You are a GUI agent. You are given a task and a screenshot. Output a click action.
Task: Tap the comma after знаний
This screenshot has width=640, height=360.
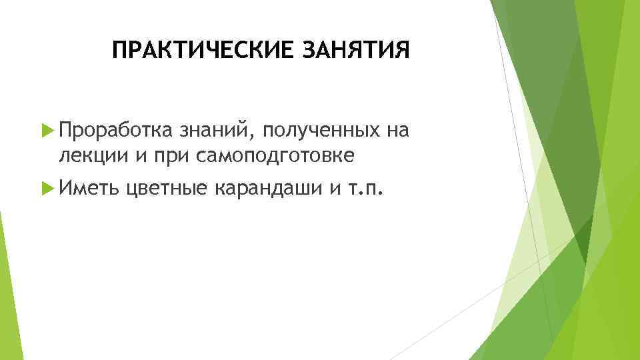point(244,135)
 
